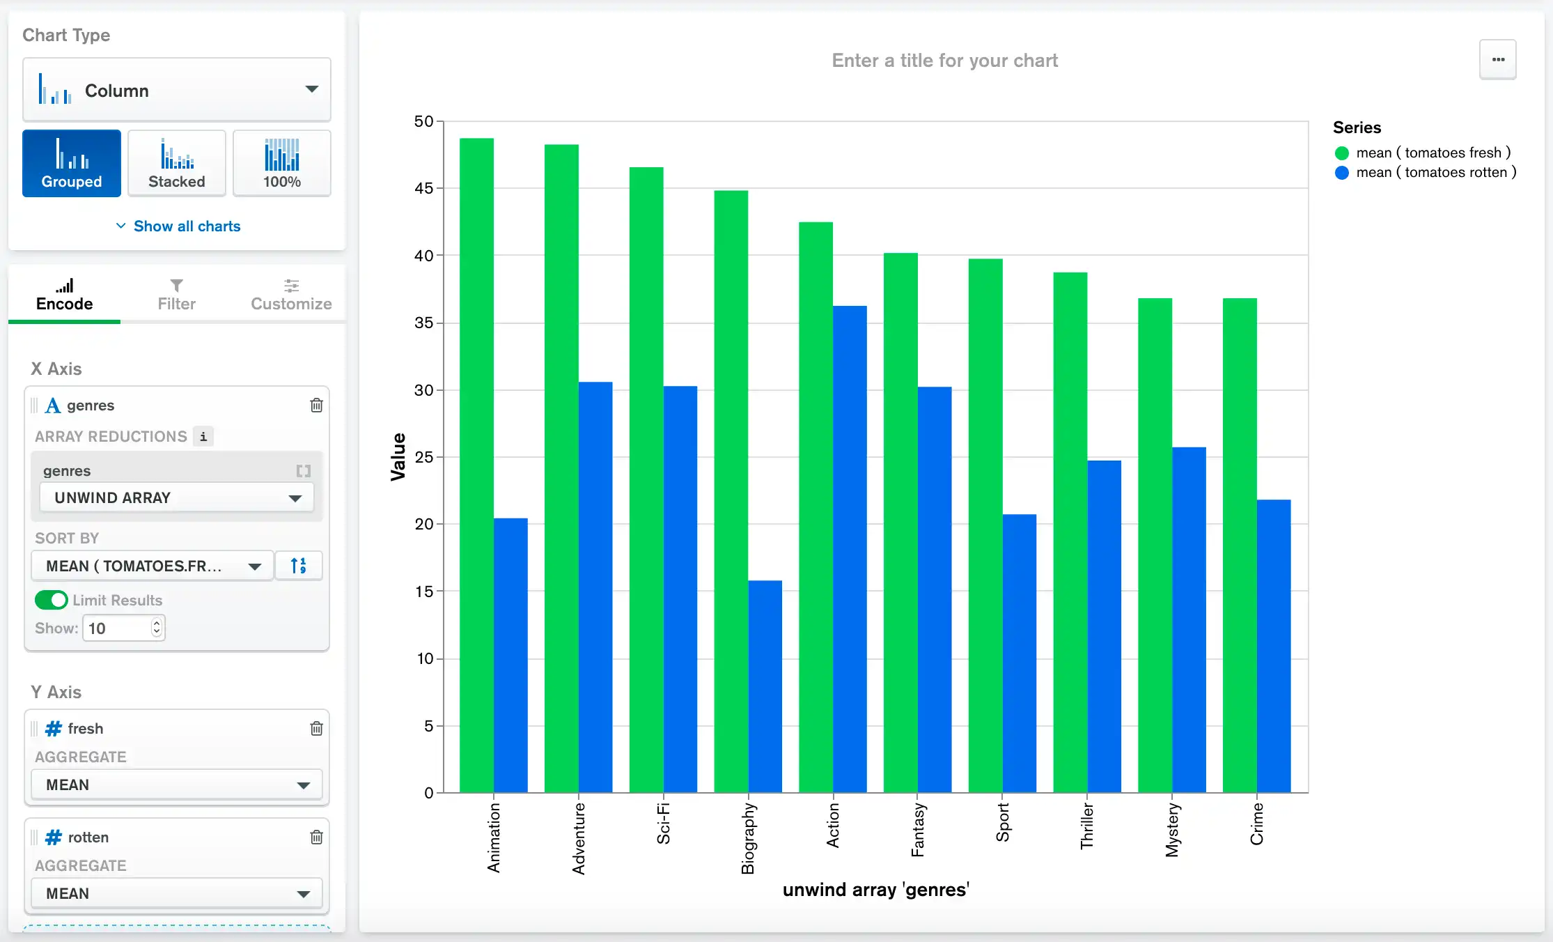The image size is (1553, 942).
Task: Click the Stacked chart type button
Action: [x=176, y=164]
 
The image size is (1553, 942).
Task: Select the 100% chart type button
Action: [x=281, y=164]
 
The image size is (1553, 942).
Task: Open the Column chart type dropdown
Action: [x=176, y=90]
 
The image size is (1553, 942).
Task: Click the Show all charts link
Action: [x=178, y=226]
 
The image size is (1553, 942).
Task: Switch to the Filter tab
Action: [x=176, y=295]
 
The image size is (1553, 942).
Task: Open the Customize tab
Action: [x=290, y=295]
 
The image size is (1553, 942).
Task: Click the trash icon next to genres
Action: [x=316, y=405]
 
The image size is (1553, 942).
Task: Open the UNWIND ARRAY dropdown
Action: [x=176, y=497]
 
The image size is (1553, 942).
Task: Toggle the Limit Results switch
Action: [x=51, y=600]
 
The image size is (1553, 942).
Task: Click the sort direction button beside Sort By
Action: [x=298, y=566]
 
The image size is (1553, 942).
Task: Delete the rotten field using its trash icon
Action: [x=316, y=837]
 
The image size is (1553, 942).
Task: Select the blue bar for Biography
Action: [x=765, y=686]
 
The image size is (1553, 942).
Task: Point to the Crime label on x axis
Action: [x=1256, y=824]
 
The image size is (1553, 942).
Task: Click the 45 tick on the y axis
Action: [x=423, y=188]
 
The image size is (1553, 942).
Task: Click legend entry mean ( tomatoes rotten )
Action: [x=1435, y=172]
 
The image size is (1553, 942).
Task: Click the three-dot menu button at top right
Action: [x=1497, y=60]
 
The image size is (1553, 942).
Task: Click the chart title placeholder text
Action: [x=944, y=61]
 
